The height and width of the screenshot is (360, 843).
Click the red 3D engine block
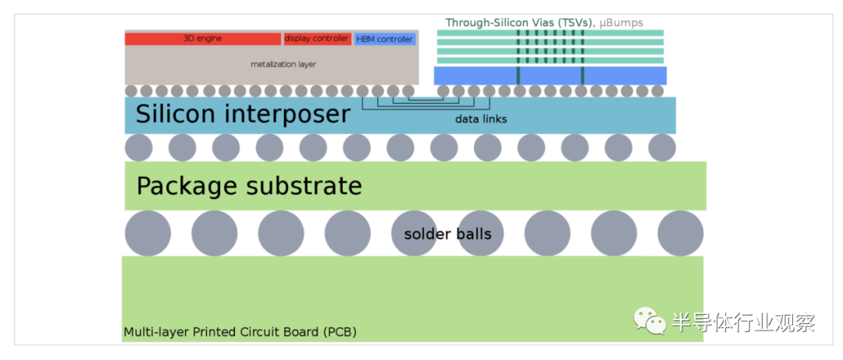click(x=203, y=38)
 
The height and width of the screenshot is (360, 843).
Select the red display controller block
click(x=317, y=38)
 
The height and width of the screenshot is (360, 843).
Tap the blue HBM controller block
click(x=385, y=38)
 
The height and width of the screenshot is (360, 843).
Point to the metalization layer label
click(x=283, y=63)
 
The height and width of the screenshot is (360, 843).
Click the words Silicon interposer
click(x=243, y=114)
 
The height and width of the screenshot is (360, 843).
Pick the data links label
click(x=481, y=119)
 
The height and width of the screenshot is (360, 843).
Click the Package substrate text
click(x=249, y=186)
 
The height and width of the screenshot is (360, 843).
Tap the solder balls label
click(x=447, y=233)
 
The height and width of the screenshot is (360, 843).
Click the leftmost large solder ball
click(x=148, y=233)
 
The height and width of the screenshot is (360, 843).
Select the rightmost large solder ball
click(x=681, y=233)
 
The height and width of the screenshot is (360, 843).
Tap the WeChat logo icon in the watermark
click(x=649, y=321)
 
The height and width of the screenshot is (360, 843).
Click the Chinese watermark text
click(x=743, y=321)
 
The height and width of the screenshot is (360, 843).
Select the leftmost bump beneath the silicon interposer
click(x=139, y=147)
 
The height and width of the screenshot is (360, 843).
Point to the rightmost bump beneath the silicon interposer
click(x=662, y=147)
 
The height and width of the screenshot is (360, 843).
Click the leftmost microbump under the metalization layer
click(x=131, y=91)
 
